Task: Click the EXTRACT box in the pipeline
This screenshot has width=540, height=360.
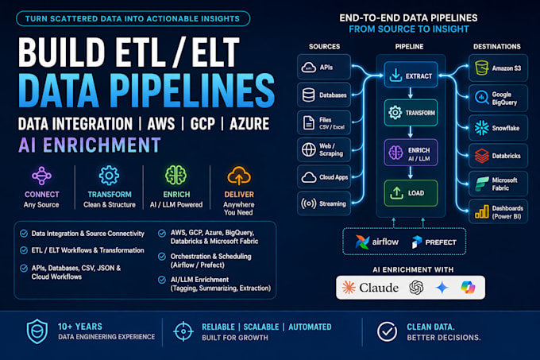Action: [411, 75]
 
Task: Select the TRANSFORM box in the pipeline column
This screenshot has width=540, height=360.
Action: [411, 113]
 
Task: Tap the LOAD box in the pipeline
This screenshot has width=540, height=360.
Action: [411, 193]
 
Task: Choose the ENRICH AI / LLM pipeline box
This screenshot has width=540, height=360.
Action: [411, 153]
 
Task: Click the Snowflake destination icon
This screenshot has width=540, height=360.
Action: [481, 128]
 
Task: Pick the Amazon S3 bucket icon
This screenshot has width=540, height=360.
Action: [481, 68]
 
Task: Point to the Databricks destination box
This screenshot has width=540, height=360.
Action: [498, 156]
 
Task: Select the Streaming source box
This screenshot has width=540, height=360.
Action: [324, 203]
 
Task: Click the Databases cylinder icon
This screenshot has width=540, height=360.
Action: [308, 95]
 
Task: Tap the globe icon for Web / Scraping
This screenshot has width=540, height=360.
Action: [309, 149]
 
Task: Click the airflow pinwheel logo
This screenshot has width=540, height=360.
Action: [362, 242]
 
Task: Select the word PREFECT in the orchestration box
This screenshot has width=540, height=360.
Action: [441, 242]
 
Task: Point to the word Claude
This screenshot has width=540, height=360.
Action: [379, 288]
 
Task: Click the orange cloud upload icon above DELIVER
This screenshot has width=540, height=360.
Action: [239, 176]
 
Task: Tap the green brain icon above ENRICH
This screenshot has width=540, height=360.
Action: [176, 176]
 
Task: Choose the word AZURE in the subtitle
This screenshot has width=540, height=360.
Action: [249, 124]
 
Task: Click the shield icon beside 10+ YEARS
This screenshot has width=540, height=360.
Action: [37, 331]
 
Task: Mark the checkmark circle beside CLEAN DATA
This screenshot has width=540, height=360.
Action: [387, 331]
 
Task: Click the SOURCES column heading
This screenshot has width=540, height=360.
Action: [324, 47]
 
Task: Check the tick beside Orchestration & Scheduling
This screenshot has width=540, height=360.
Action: [162, 257]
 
